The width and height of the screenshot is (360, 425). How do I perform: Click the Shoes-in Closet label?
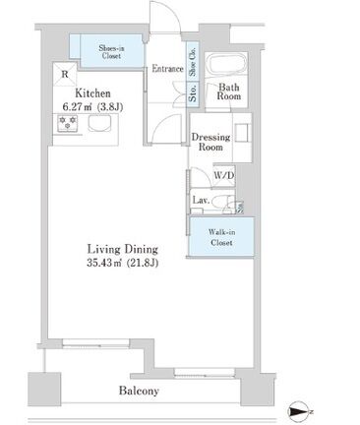click(x=111, y=52)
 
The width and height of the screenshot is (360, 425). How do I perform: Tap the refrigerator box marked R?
click(x=65, y=75)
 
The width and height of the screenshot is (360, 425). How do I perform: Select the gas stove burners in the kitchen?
click(x=68, y=123)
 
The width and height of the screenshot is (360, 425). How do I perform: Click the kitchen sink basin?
click(x=99, y=124)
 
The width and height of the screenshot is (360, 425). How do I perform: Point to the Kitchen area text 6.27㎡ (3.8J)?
click(x=92, y=107)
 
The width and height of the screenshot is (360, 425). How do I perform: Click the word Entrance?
click(x=167, y=69)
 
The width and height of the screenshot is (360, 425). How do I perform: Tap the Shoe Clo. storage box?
click(x=193, y=61)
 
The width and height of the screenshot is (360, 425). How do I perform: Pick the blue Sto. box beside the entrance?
click(x=193, y=93)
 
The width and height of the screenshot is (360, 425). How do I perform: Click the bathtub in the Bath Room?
click(x=226, y=64)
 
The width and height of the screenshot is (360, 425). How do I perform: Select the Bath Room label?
click(x=228, y=91)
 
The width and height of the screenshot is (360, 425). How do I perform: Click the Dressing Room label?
click(x=210, y=142)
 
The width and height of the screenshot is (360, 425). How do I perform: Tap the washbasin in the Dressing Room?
click(x=242, y=133)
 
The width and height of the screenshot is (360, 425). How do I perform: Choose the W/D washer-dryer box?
click(x=224, y=176)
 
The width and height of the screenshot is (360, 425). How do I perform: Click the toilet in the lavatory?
click(x=221, y=203)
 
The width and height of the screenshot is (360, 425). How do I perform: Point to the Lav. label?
click(x=201, y=200)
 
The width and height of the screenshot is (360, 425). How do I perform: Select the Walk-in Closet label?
click(x=222, y=237)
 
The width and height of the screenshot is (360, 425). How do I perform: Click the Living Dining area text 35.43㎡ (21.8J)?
click(x=123, y=263)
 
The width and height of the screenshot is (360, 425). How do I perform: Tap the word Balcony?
click(x=139, y=391)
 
